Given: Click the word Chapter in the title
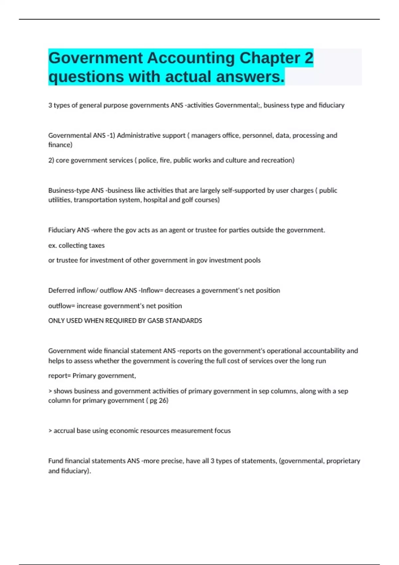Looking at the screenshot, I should click(x=270, y=58).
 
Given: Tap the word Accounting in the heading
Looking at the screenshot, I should click(x=191, y=58).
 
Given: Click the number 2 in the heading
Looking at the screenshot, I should click(x=309, y=58).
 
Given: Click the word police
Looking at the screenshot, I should click(x=147, y=160).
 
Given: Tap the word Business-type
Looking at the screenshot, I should click(x=69, y=190).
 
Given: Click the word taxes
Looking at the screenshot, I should click(x=96, y=245).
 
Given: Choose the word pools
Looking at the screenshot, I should click(x=252, y=260).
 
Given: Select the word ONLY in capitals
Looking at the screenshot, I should click(x=56, y=321).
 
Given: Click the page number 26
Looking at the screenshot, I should click(x=163, y=400).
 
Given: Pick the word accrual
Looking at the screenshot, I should click(x=64, y=431).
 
